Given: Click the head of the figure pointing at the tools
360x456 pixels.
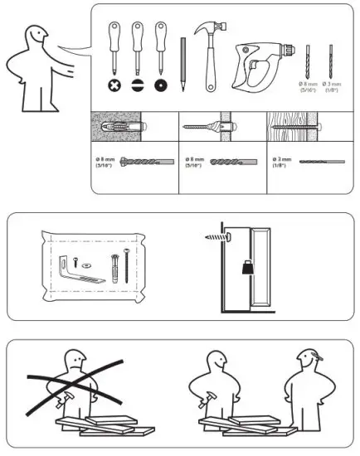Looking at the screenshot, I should click(x=36, y=37).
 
